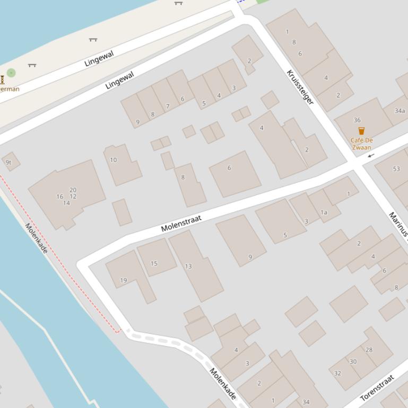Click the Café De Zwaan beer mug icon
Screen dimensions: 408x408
[361, 131]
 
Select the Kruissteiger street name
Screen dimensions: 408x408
[300, 87]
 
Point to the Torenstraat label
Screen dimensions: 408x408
[377, 388]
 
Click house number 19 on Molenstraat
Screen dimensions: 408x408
[124, 280]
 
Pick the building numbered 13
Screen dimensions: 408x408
[188, 266]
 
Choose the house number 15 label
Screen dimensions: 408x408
[154, 263]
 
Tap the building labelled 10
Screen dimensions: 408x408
[114, 160]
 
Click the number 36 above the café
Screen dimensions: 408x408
[357, 120]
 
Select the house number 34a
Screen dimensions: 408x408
[400, 111]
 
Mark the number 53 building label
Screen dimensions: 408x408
[396, 169]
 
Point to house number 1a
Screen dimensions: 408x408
[324, 212]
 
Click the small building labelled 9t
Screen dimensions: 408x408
[8, 163]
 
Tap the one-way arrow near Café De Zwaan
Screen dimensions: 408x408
[371, 155]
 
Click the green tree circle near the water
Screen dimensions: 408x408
[11, 73]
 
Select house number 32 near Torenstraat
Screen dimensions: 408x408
[337, 373]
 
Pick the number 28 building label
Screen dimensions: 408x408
[369, 350]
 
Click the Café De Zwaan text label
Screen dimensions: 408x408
[361, 144]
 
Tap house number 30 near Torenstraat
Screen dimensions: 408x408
[353, 361]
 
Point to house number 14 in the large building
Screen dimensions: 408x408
[66, 203]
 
